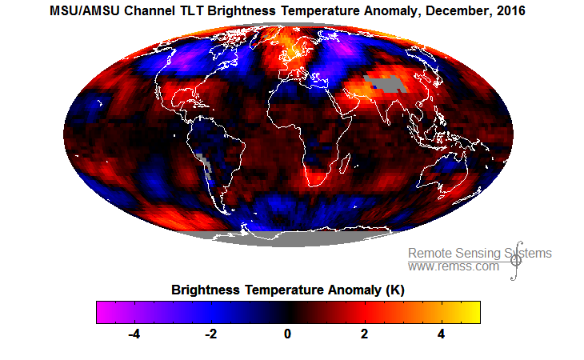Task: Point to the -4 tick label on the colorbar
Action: pyautogui.click(x=135, y=334)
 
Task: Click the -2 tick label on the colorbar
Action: pyautogui.click(x=210, y=334)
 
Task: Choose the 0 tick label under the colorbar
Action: pyautogui.click(x=288, y=334)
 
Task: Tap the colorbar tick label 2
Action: pyautogui.click(x=364, y=334)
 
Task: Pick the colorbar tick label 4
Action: pyautogui.click(x=441, y=334)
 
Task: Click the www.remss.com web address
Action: pyautogui.click(x=454, y=266)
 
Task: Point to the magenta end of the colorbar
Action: pyautogui.click(x=102, y=311)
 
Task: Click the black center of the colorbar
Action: pyautogui.click(x=288, y=311)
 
